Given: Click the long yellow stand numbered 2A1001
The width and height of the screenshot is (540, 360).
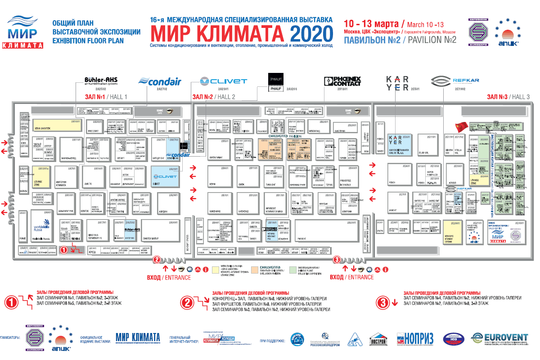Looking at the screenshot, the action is click(56, 125).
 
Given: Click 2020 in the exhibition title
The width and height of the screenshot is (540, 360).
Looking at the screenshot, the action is click(311, 33).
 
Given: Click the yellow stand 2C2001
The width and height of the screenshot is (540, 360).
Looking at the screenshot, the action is click(453, 232).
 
